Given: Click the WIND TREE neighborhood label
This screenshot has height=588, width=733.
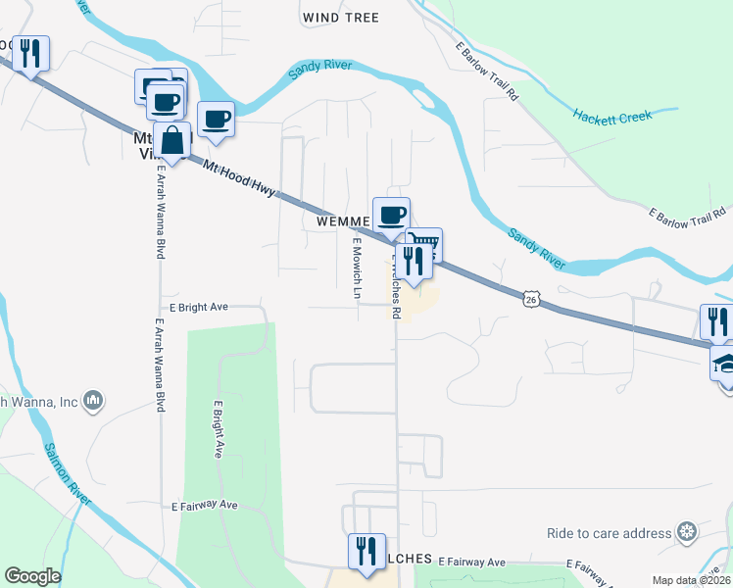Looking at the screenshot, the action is pyautogui.click(x=340, y=18).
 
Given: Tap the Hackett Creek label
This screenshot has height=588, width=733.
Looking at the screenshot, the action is pyautogui.click(x=612, y=118).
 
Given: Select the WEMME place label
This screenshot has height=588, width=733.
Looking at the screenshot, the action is pyautogui.click(x=343, y=221).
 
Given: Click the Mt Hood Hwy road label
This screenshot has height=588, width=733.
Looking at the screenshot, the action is pyautogui.click(x=242, y=180).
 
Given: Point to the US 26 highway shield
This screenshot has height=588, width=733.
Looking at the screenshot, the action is pyautogui.click(x=530, y=297).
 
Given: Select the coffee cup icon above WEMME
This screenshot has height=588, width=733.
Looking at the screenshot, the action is pyautogui.click(x=391, y=215).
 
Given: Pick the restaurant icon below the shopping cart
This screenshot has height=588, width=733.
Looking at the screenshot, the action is pyautogui.click(x=413, y=261).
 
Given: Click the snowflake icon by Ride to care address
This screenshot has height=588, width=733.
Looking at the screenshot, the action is pyautogui.click(x=689, y=532).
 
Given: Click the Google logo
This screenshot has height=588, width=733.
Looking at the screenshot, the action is pyautogui.click(x=32, y=576).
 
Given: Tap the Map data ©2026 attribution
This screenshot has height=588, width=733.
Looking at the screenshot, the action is pyautogui.click(x=690, y=580).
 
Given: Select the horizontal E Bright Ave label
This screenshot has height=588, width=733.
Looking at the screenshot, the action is pyautogui.click(x=198, y=307).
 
